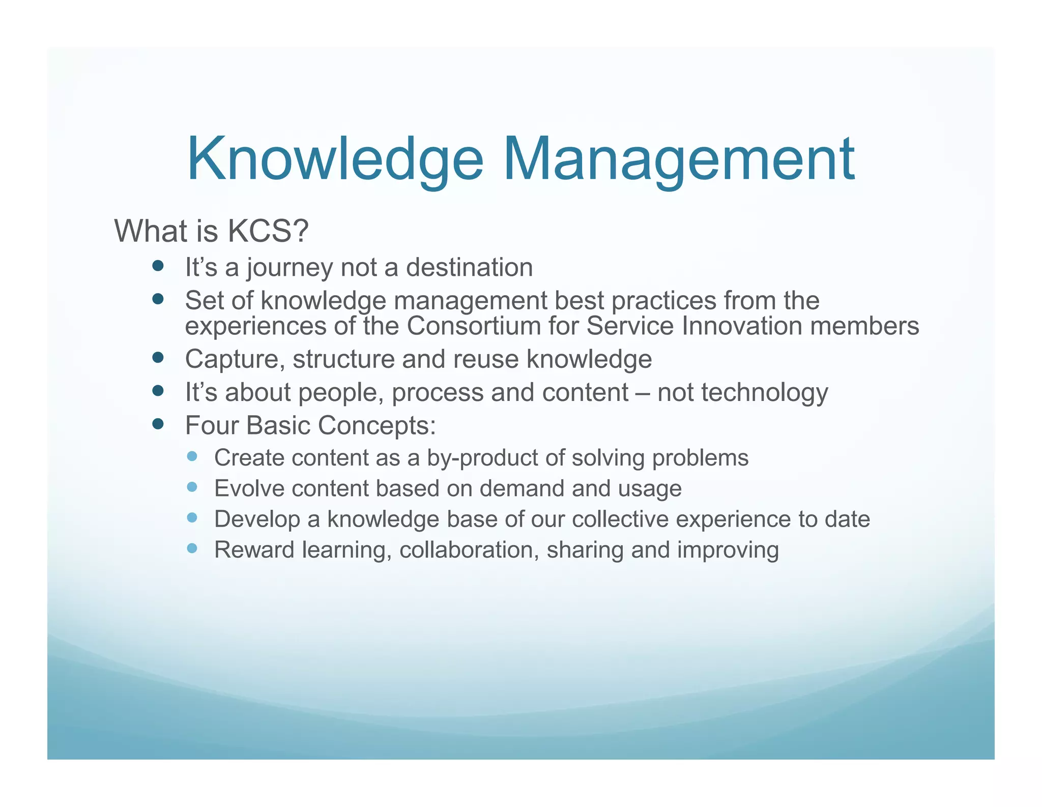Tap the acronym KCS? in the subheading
tap(268, 231)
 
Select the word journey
tap(289, 268)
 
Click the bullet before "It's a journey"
tap(158, 266)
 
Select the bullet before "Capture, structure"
tap(158, 358)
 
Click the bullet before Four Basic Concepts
tap(158, 424)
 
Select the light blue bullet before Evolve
tap(192, 487)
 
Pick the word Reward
tap(254, 550)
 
